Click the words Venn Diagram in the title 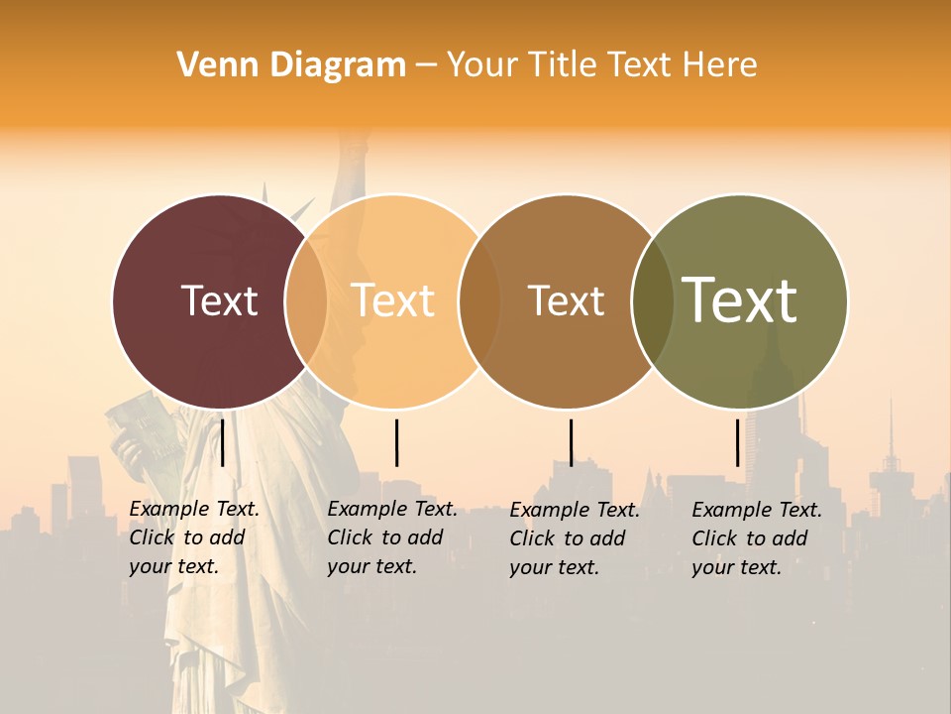(x=291, y=65)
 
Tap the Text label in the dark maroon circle (x=219, y=300)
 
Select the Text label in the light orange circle (x=392, y=300)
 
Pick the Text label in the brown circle (x=566, y=300)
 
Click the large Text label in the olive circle (x=740, y=300)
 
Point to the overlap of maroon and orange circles (x=306, y=300)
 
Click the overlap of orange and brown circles (x=479, y=300)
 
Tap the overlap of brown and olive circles (x=652, y=300)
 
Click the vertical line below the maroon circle (x=223, y=442)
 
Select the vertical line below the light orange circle (x=396, y=442)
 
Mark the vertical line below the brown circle (x=571, y=442)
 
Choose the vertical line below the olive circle (x=738, y=442)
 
